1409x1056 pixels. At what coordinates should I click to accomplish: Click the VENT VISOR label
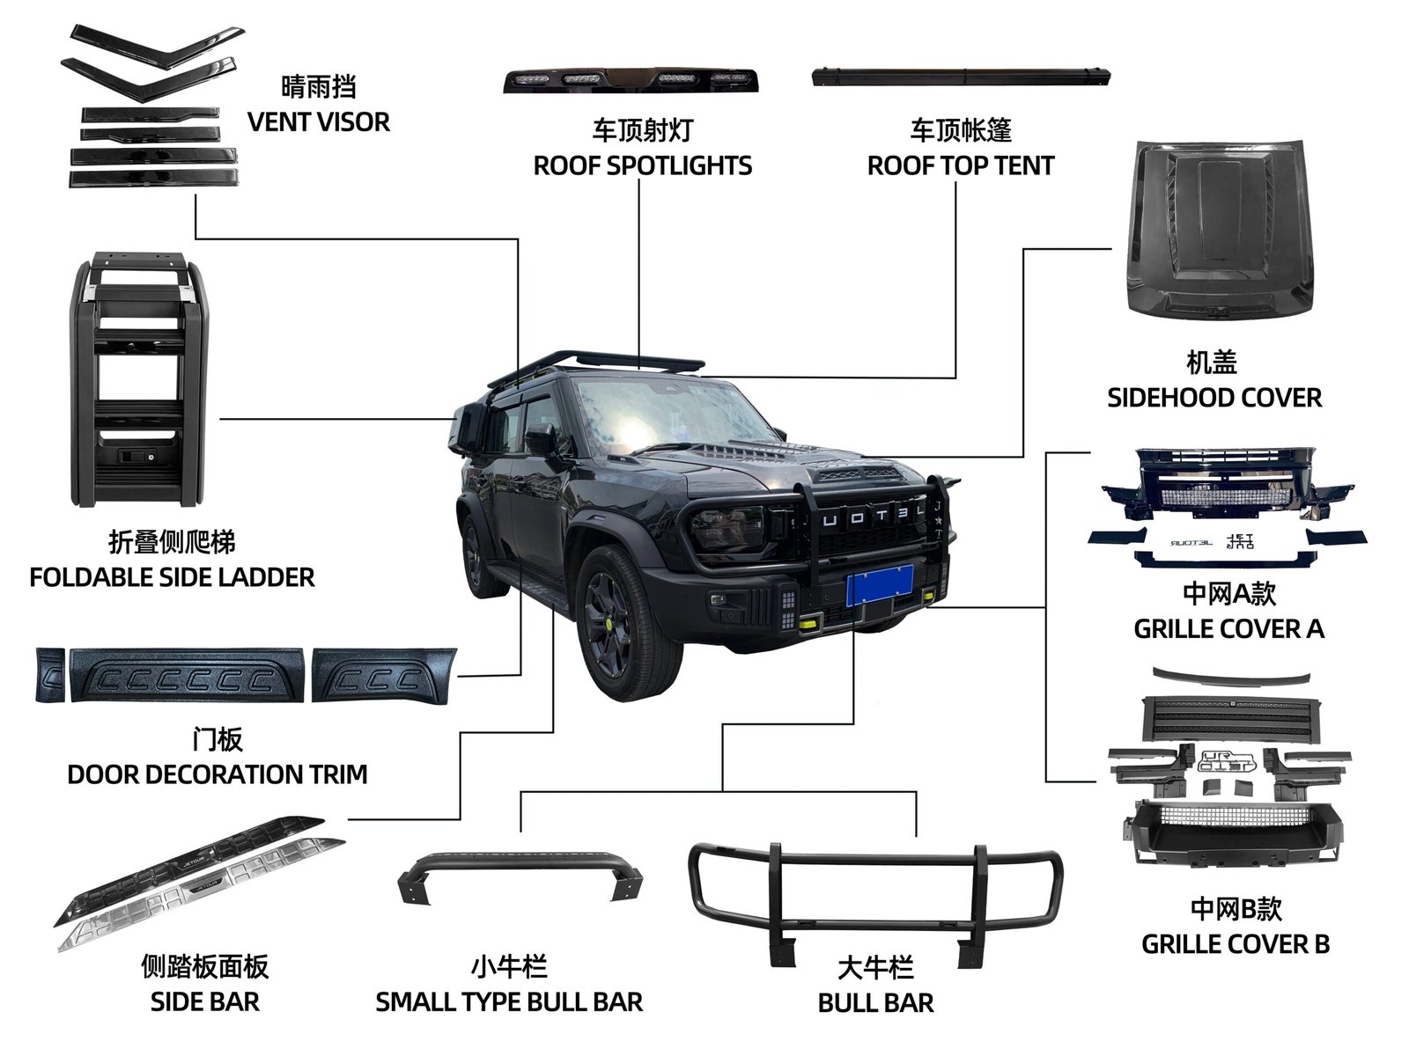318,121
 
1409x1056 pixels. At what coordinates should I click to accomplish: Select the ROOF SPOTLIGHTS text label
642,165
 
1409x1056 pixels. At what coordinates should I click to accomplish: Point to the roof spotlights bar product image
633,79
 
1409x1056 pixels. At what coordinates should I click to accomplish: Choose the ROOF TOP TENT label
960,165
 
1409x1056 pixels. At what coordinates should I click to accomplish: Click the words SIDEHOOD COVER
1214,398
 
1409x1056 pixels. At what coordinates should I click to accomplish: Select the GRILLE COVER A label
1228,629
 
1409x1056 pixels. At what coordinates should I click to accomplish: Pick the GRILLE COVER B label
1235,944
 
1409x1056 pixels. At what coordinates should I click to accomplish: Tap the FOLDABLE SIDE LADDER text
172,577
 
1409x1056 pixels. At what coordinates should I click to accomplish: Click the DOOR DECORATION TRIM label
217,774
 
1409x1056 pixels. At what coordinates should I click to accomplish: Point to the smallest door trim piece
49,675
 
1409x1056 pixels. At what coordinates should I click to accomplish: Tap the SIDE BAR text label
204,1001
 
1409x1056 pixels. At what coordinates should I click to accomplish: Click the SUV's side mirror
539,437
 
